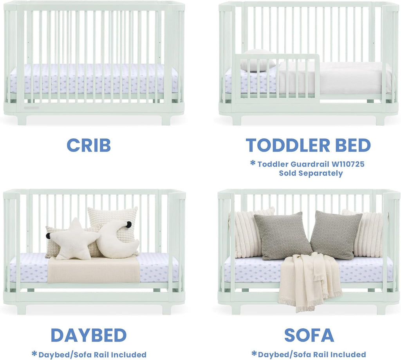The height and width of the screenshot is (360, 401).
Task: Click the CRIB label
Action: (x=89, y=145)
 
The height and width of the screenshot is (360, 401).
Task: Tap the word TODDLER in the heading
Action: (x=282, y=145)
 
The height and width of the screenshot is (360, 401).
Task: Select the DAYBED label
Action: (x=89, y=335)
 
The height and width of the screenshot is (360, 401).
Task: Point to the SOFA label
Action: (x=309, y=335)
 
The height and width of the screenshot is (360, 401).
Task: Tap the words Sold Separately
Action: (x=311, y=173)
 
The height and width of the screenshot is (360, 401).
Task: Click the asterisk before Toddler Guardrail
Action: (x=253, y=163)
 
